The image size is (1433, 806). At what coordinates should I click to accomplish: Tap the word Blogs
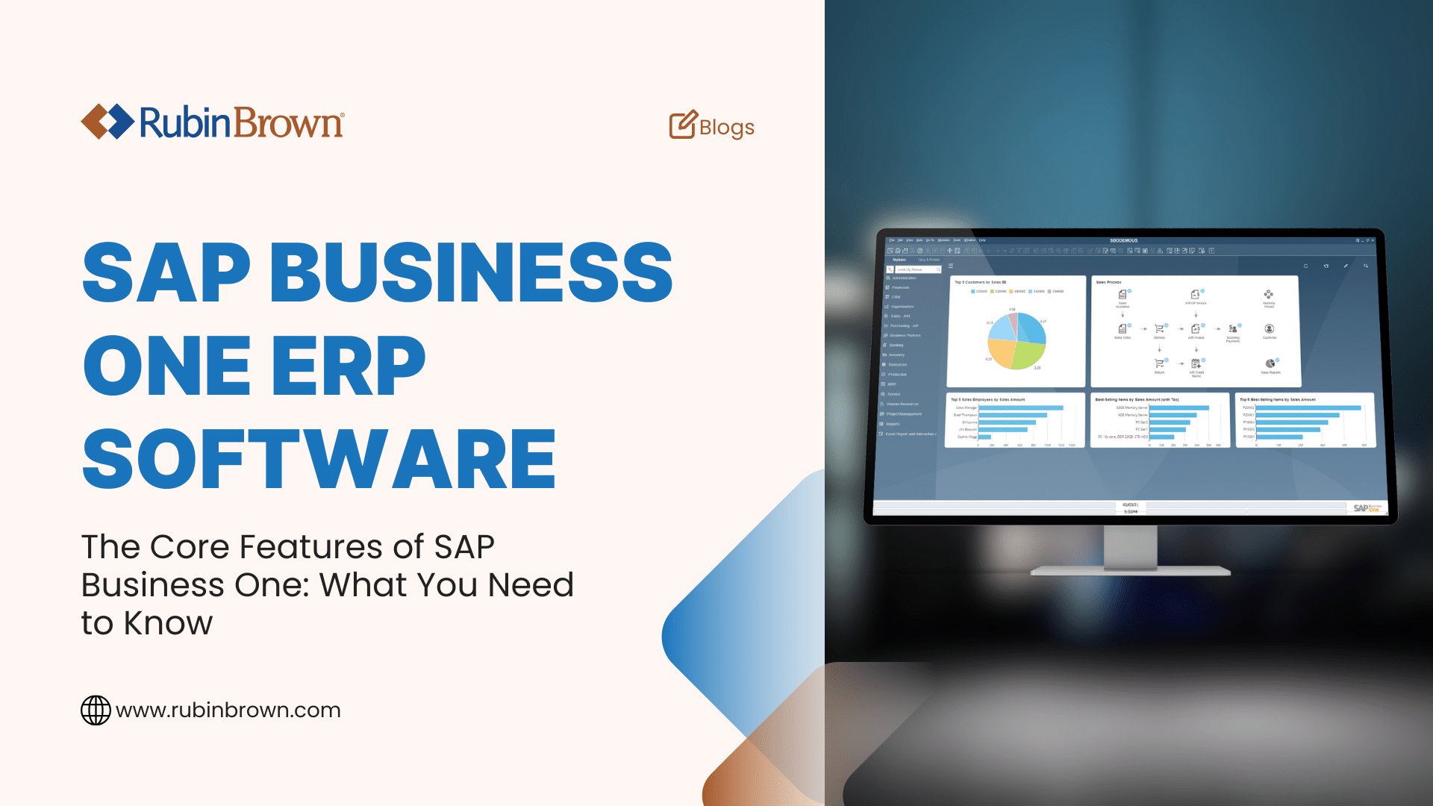(726, 128)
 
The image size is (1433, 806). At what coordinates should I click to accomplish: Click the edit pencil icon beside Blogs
(682, 125)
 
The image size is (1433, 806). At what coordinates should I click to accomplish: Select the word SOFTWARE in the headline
(319, 459)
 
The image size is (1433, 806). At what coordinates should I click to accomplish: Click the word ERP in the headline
(349, 366)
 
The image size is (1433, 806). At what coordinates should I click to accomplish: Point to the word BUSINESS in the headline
(470, 272)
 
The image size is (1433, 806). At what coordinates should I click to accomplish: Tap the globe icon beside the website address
(96, 710)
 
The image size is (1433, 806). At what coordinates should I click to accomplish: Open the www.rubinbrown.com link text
(228, 710)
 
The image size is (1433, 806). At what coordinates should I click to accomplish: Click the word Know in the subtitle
(168, 623)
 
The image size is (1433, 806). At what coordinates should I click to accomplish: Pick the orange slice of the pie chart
(1000, 352)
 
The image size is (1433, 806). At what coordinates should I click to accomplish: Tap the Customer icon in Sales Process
(1269, 328)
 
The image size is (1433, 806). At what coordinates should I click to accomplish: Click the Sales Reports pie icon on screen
(1270, 363)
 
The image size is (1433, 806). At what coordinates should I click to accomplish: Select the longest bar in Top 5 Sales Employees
(1020, 407)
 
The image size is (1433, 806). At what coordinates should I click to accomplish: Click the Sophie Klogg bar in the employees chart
(984, 437)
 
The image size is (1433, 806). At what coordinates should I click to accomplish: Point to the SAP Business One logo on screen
(1367, 507)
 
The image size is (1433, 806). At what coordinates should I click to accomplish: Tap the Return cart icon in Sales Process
(1159, 363)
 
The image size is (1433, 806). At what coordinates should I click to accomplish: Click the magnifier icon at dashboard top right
(1366, 266)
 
